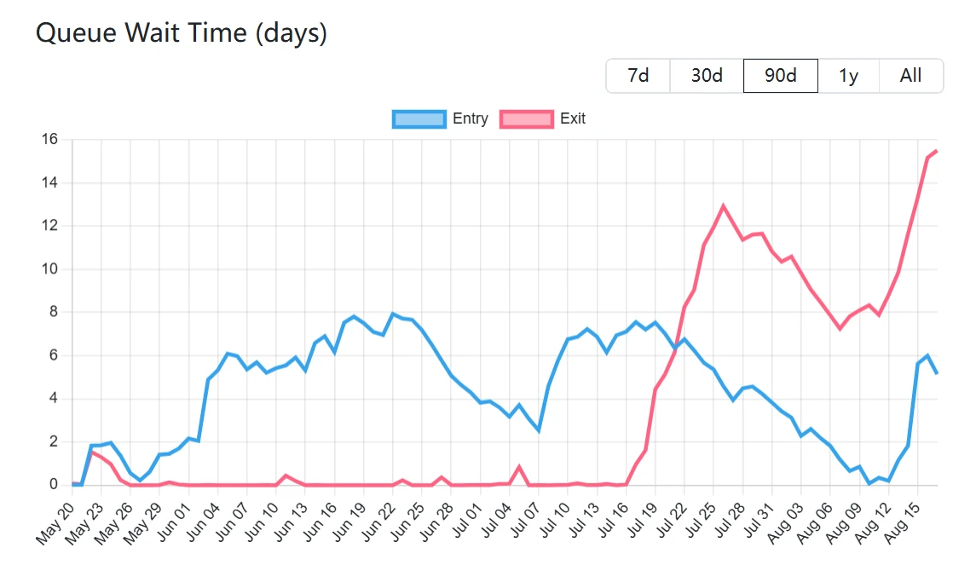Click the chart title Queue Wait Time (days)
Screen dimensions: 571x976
click(181, 33)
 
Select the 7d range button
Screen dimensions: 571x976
click(638, 75)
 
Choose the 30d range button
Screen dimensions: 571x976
click(707, 75)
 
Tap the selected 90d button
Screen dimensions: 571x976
click(780, 75)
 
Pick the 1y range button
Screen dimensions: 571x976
click(848, 75)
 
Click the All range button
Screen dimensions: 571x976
click(910, 75)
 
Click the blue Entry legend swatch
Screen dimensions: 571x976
click(419, 118)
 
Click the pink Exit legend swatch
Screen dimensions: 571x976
click(526, 118)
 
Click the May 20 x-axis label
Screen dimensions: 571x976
click(55, 522)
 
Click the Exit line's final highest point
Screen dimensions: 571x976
click(937, 151)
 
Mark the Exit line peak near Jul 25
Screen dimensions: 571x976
click(724, 205)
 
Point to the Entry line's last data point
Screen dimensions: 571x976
click(937, 372)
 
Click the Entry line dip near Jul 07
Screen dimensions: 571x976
click(539, 430)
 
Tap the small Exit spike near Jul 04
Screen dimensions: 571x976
click(519, 466)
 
